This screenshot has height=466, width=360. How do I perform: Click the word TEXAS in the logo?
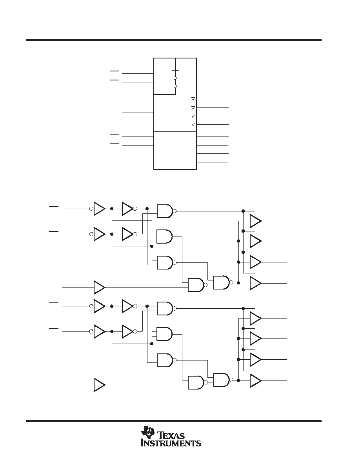[x=172, y=436]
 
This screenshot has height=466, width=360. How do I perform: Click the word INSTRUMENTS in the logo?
[x=171, y=443]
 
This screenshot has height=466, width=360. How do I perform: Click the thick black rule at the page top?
[x=174, y=40]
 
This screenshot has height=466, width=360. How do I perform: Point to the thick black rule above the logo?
[x=174, y=420]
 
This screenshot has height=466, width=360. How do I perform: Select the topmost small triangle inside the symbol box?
[x=193, y=99]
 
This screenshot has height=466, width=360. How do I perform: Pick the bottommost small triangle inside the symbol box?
[x=193, y=124]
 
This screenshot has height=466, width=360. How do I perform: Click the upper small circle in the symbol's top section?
[x=175, y=78]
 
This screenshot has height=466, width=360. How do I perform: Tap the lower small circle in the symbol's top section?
[x=175, y=86]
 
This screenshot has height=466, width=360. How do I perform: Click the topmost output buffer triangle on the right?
[x=255, y=221]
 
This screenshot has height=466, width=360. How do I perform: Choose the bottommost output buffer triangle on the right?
[x=255, y=381]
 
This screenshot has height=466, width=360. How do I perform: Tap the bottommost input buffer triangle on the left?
[x=99, y=385]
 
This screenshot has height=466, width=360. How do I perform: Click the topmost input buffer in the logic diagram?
[x=98, y=209]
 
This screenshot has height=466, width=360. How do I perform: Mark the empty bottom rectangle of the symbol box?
[x=175, y=151]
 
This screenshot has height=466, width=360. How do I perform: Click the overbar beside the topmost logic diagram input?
[x=54, y=206]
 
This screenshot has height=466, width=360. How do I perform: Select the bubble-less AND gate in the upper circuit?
[x=164, y=236]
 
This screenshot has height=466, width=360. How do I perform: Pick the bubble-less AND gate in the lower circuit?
[x=164, y=334]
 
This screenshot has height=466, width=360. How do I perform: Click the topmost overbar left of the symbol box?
[x=115, y=71]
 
